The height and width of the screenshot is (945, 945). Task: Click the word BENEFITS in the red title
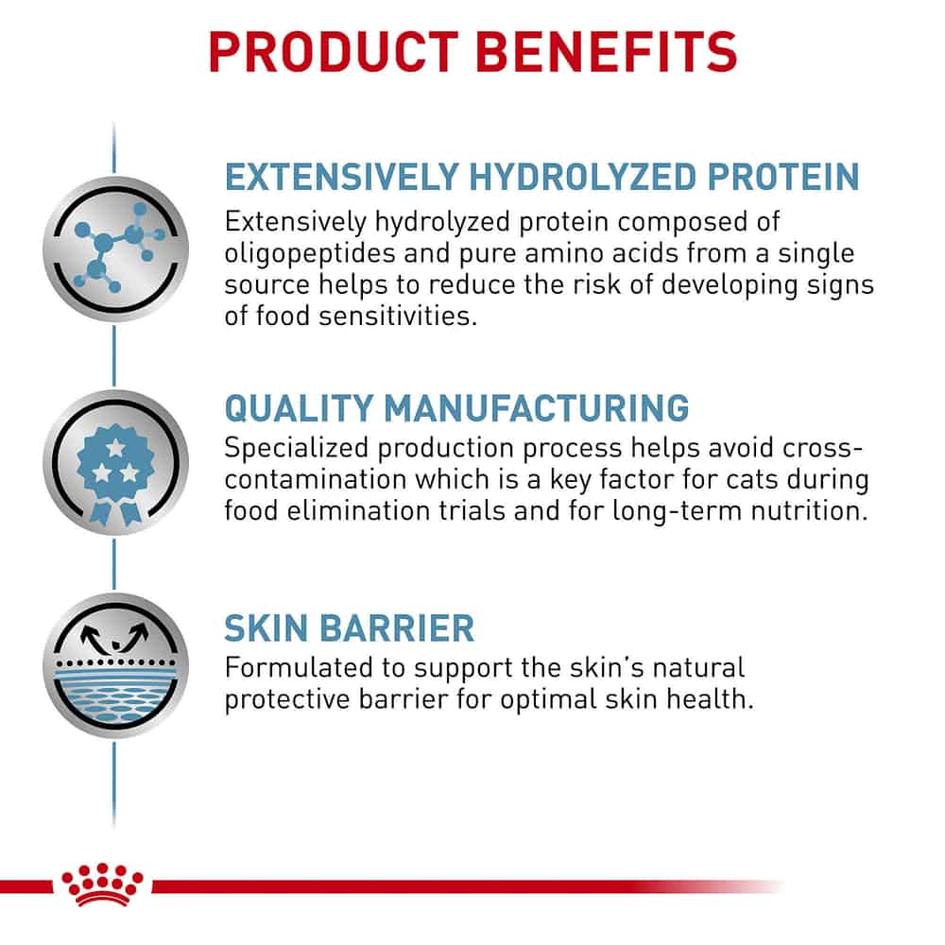(607, 52)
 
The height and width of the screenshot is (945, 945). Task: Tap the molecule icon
(115, 249)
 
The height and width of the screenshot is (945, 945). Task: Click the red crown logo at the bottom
(102, 885)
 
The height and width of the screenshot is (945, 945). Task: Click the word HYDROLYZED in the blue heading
(583, 177)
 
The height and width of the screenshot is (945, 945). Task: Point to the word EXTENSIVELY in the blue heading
(342, 177)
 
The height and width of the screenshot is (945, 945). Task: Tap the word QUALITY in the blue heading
(299, 408)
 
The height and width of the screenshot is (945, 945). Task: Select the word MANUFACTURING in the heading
(537, 408)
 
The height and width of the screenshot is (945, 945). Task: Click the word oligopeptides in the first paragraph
(309, 254)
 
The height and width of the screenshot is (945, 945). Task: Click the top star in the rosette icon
(115, 448)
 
